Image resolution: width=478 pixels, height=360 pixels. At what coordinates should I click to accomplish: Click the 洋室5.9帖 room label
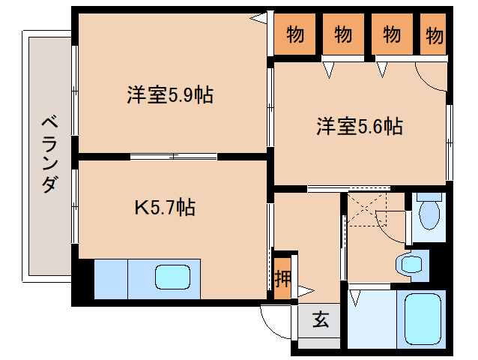[x=169, y=95]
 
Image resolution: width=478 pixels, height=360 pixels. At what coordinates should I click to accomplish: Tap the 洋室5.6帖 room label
[x=360, y=127]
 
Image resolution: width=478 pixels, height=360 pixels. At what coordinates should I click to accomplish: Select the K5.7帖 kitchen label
[x=165, y=206]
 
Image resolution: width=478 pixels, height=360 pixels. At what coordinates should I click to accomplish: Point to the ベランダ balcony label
[x=48, y=154]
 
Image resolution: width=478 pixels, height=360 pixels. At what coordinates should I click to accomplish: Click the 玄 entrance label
[x=320, y=320]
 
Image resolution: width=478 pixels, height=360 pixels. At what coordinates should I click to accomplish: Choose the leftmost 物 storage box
[x=295, y=34]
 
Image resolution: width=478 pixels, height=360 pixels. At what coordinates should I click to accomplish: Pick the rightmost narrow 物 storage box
[x=435, y=34]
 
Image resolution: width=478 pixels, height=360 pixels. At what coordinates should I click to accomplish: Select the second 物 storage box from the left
[x=342, y=34]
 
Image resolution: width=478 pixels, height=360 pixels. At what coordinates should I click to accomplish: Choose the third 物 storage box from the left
[x=391, y=34]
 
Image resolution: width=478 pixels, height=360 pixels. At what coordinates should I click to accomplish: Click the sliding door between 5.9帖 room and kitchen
[x=174, y=156]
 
